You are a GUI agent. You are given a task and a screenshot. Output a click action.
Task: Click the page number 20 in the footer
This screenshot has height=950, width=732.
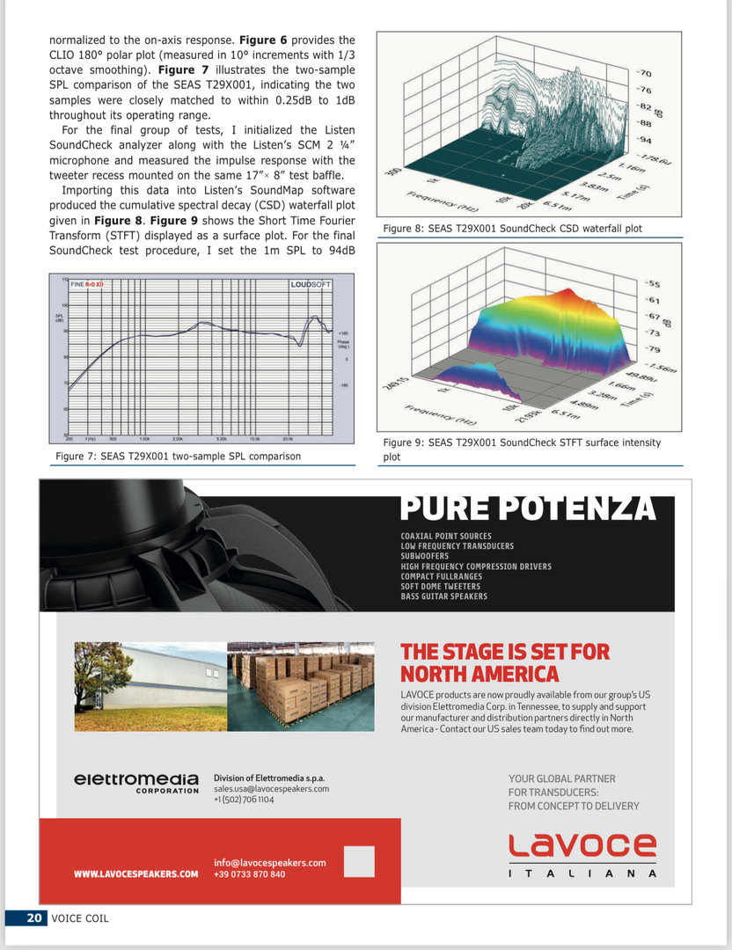(x=34, y=917)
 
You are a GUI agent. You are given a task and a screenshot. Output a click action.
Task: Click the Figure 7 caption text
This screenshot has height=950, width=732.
(x=178, y=456)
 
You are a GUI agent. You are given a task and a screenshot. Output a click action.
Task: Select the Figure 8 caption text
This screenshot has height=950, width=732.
(x=512, y=229)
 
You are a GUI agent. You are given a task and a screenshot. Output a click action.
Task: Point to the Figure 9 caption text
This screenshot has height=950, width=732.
(x=522, y=449)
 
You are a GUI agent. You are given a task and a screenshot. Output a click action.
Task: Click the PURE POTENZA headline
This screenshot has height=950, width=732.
(x=528, y=508)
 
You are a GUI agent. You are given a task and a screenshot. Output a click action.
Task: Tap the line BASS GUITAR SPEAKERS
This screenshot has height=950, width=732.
(x=443, y=596)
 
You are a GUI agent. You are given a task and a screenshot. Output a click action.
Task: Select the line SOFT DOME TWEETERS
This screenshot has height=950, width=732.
(x=440, y=587)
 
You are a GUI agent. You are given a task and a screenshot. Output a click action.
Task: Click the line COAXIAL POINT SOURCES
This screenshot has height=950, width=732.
(x=445, y=536)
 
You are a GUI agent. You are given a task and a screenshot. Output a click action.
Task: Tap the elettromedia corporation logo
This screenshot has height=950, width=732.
(x=136, y=782)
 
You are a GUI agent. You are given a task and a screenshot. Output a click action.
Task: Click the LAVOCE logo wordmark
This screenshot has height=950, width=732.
(x=582, y=846)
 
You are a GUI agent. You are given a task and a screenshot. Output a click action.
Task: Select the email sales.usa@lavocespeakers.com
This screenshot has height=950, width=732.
(x=271, y=789)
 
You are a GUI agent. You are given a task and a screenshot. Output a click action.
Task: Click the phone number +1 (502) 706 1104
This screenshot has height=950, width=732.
(x=244, y=800)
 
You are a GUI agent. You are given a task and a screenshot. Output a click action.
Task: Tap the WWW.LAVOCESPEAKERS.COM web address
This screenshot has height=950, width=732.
(x=135, y=874)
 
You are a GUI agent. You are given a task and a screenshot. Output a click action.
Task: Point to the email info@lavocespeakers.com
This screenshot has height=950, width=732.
(x=269, y=863)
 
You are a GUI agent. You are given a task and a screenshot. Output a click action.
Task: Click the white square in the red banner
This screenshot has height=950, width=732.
(x=359, y=861)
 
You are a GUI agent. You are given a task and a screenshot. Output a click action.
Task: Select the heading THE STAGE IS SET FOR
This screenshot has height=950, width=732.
(x=505, y=653)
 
